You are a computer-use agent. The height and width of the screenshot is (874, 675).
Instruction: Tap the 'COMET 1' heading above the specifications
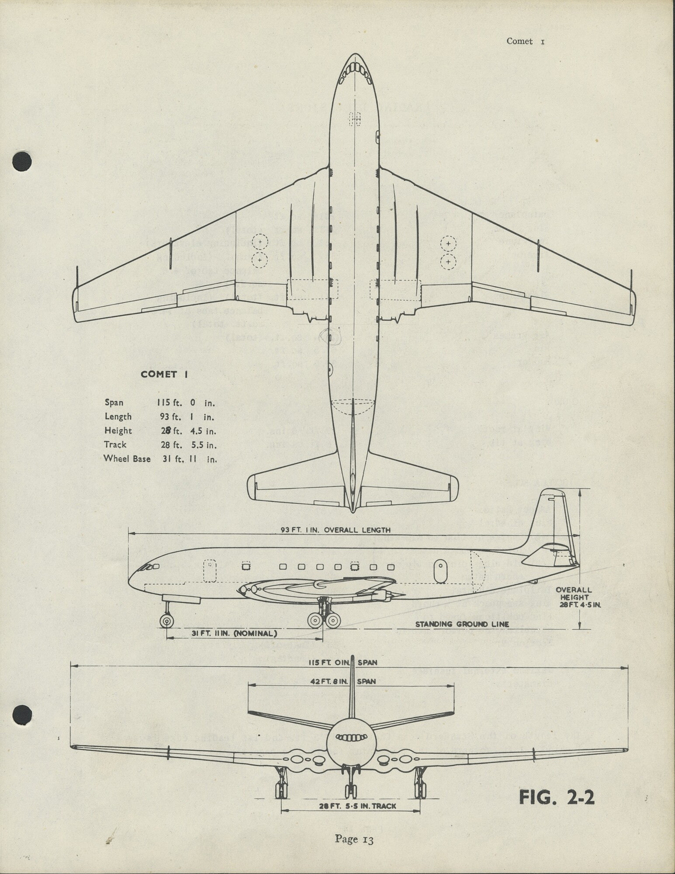click(x=164, y=375)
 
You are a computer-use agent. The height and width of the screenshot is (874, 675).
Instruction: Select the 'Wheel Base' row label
click(x=127, y=459)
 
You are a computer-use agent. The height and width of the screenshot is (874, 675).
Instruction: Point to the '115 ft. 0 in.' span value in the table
click(x=187, y=402)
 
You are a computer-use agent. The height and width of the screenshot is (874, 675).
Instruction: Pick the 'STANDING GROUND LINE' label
click(x=462, y=624)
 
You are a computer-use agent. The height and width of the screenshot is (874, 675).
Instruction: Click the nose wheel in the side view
click(x=166, y=621)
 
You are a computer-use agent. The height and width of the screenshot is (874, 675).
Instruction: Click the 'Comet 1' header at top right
click(x=525, y=42)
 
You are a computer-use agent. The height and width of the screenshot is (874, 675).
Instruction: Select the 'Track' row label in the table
click(x=115, y=445)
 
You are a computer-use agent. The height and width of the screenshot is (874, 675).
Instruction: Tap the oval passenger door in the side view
click(x=441, y=571)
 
